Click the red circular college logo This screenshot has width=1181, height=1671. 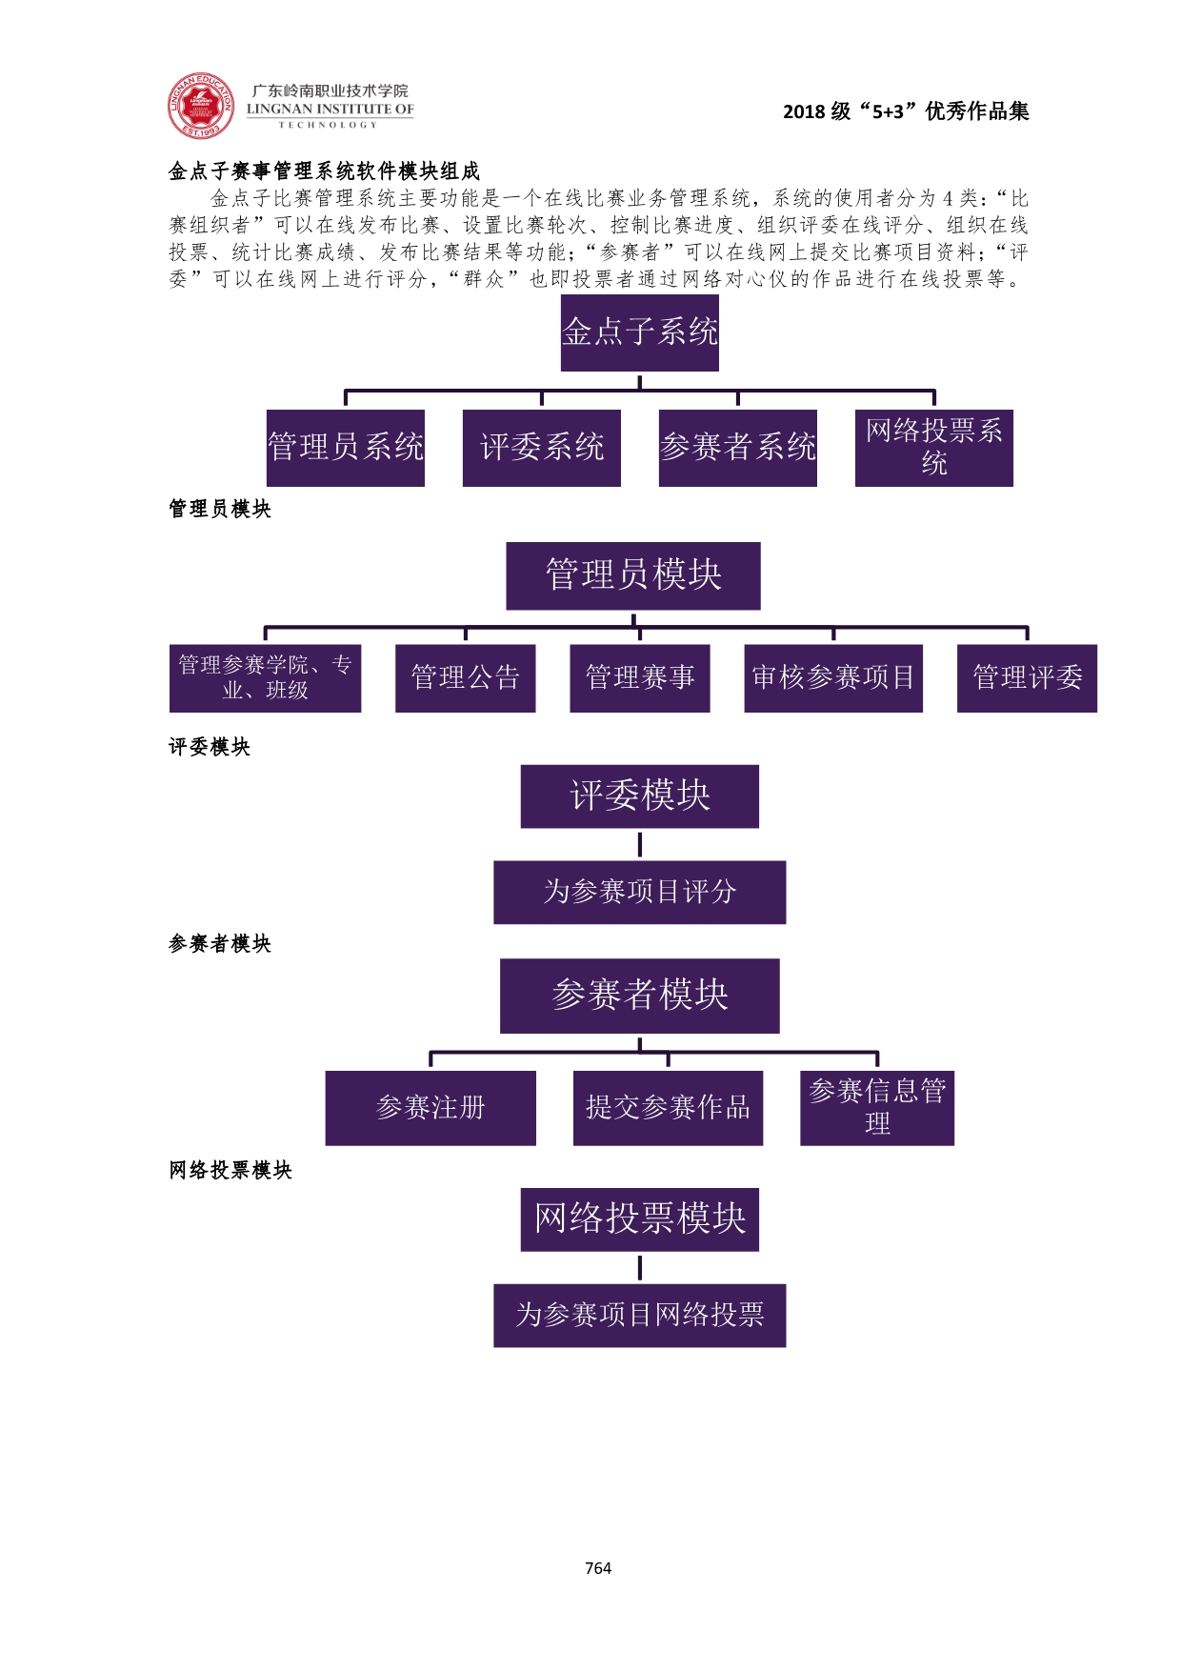pos(200,106)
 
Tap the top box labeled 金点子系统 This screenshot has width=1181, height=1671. pos(639,332)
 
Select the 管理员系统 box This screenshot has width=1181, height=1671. pos(346,448)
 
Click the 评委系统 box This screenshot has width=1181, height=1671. pos(541,448)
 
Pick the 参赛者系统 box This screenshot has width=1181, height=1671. pos(737,448)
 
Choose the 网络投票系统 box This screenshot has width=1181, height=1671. pos(933,448)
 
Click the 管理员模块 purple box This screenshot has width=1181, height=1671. pos(632,575)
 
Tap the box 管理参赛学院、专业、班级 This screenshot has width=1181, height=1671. pos(265,678)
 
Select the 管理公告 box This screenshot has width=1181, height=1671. pos(465,678)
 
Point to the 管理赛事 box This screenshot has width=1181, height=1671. pos(639,678)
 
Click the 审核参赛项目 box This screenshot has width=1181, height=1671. pos(832,678)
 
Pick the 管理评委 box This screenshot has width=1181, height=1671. pos(1027,678)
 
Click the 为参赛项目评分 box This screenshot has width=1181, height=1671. pos(639,893)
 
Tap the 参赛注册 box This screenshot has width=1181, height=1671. pos(430,1108)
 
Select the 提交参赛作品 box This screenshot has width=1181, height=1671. pos(668,1108)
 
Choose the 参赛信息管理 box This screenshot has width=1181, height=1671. pos(876,1107)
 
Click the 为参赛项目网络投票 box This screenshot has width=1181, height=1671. pos(639,1316)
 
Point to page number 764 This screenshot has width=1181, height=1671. pos(598,1568)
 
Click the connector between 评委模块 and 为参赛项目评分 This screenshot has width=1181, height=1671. pos(639,845)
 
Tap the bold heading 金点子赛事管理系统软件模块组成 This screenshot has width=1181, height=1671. pos(325,171)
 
